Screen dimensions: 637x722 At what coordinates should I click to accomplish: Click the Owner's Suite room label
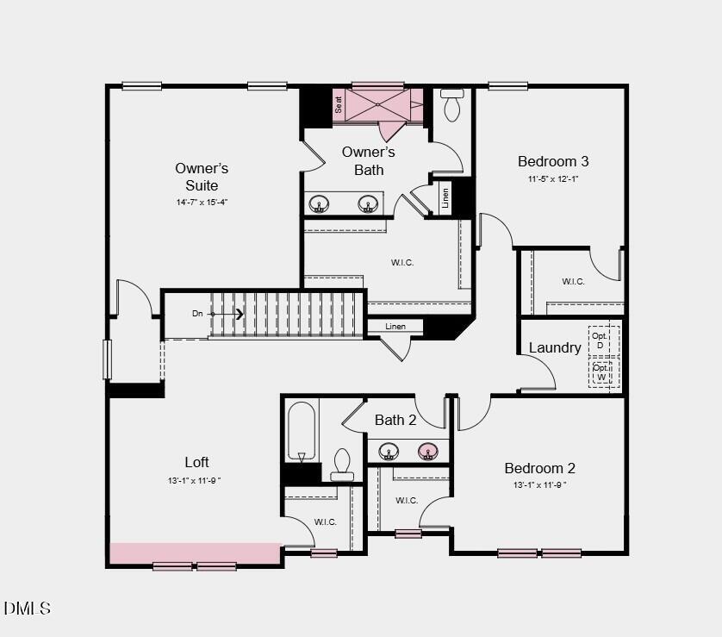click(202, 177)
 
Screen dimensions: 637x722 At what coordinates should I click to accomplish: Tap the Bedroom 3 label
click(553, 161)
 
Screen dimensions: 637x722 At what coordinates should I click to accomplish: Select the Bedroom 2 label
click(539, 468)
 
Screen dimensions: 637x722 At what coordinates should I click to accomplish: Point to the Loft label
click(196, 462)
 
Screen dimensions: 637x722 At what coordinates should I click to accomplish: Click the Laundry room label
click(555, 348)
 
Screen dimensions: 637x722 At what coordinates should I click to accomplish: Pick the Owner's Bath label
click(369, 160)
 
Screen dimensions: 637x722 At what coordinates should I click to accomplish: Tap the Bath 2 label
click(395, 420)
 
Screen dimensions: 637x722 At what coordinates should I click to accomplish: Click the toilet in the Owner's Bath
click(452, 105)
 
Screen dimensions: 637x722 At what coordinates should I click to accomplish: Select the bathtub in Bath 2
click(301, 430)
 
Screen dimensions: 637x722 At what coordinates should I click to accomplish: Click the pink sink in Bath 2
click(427, 451)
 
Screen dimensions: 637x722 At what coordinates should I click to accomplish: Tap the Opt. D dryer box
click(600, 340)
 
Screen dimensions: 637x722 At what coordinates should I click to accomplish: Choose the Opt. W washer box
click(601, 372)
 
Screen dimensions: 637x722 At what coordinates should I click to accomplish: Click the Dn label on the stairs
click(197, 314)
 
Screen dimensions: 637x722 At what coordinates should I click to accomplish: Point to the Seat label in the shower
click(339, 104)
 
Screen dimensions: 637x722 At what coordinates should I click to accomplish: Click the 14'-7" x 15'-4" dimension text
click(202, 202)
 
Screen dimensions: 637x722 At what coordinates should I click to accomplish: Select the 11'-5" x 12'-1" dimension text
click(553, 179)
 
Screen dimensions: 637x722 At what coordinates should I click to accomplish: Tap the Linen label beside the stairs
click(395, 327)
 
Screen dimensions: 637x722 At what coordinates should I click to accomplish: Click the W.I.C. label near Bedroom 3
click(573, 281)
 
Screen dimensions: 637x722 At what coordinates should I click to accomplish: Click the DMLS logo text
click(28, 609)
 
